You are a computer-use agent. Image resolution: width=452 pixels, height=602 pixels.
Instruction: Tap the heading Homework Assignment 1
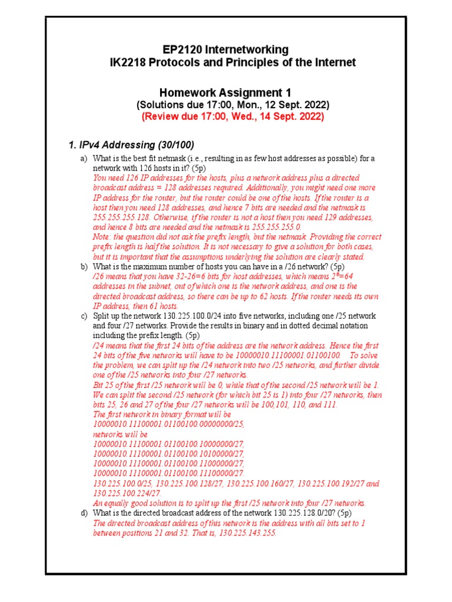tap(225, 93)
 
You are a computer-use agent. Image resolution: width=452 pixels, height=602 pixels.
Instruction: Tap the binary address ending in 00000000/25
tap(169, 423)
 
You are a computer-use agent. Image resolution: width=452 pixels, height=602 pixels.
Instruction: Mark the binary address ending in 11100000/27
tap(169, 473)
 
